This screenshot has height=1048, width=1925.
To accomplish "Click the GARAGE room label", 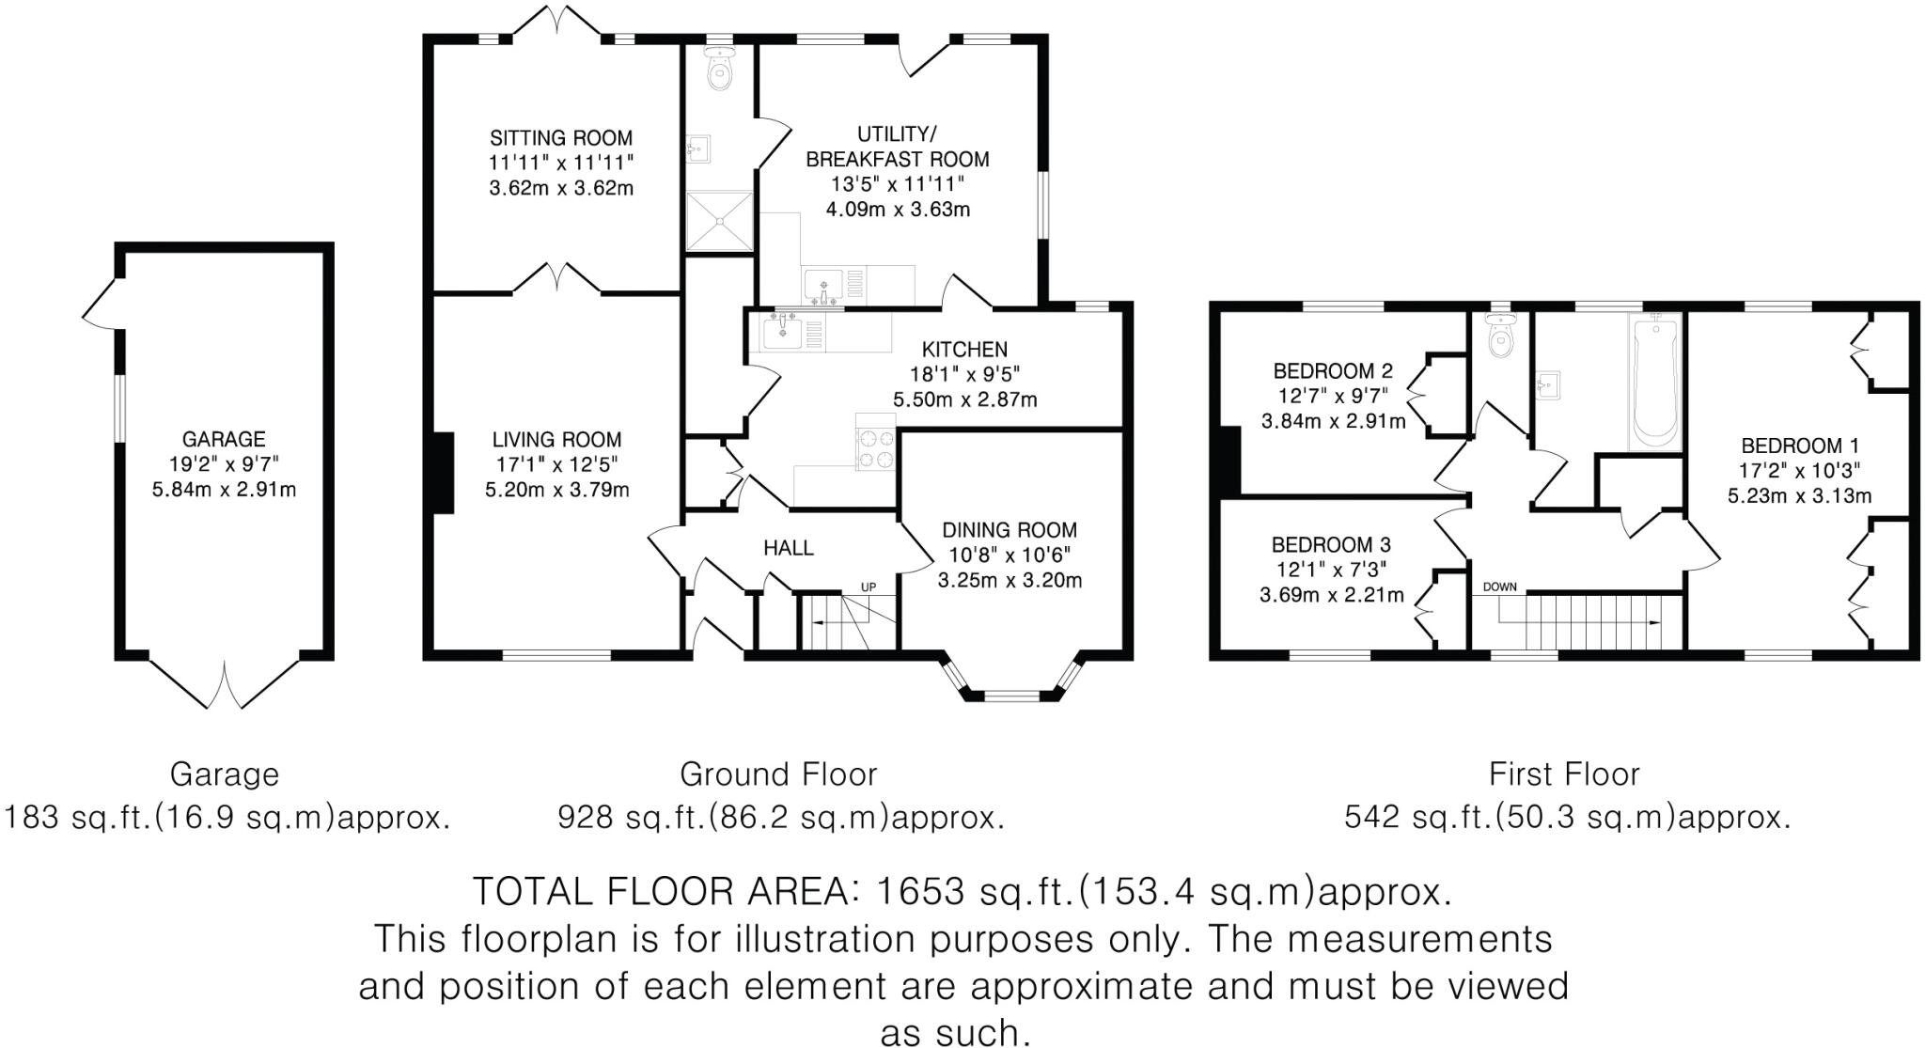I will (224, 439).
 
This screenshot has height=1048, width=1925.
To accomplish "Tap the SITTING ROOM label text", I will (561, 138).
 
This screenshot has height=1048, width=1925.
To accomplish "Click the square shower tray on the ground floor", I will (719, 222).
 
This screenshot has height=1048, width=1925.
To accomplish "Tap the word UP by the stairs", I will (869, 587).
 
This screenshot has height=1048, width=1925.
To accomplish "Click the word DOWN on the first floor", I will (1500, 587).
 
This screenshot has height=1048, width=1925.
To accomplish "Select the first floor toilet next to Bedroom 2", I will (1500, 337).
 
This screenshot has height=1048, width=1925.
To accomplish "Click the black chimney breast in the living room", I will (444, 473).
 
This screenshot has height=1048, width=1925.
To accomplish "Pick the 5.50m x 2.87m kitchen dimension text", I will (964, 399).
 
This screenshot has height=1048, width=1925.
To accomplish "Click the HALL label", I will (788, 548).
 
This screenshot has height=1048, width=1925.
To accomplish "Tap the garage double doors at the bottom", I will (226, 684).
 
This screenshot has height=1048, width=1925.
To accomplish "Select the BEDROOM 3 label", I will (1331, 545).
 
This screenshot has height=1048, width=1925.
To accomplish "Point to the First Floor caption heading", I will (1564, 774).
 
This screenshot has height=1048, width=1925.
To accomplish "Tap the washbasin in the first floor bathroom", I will (1547, 384).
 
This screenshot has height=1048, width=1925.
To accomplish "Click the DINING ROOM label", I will (1009, 530).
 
